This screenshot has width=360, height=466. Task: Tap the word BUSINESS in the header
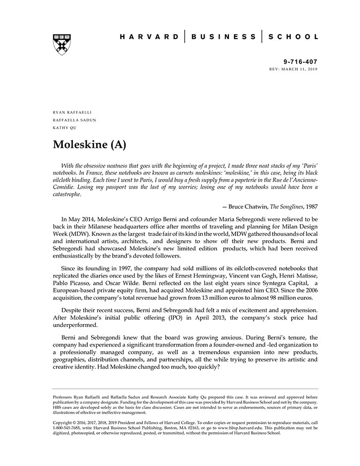223,37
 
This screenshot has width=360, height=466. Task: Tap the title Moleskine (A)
89,145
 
